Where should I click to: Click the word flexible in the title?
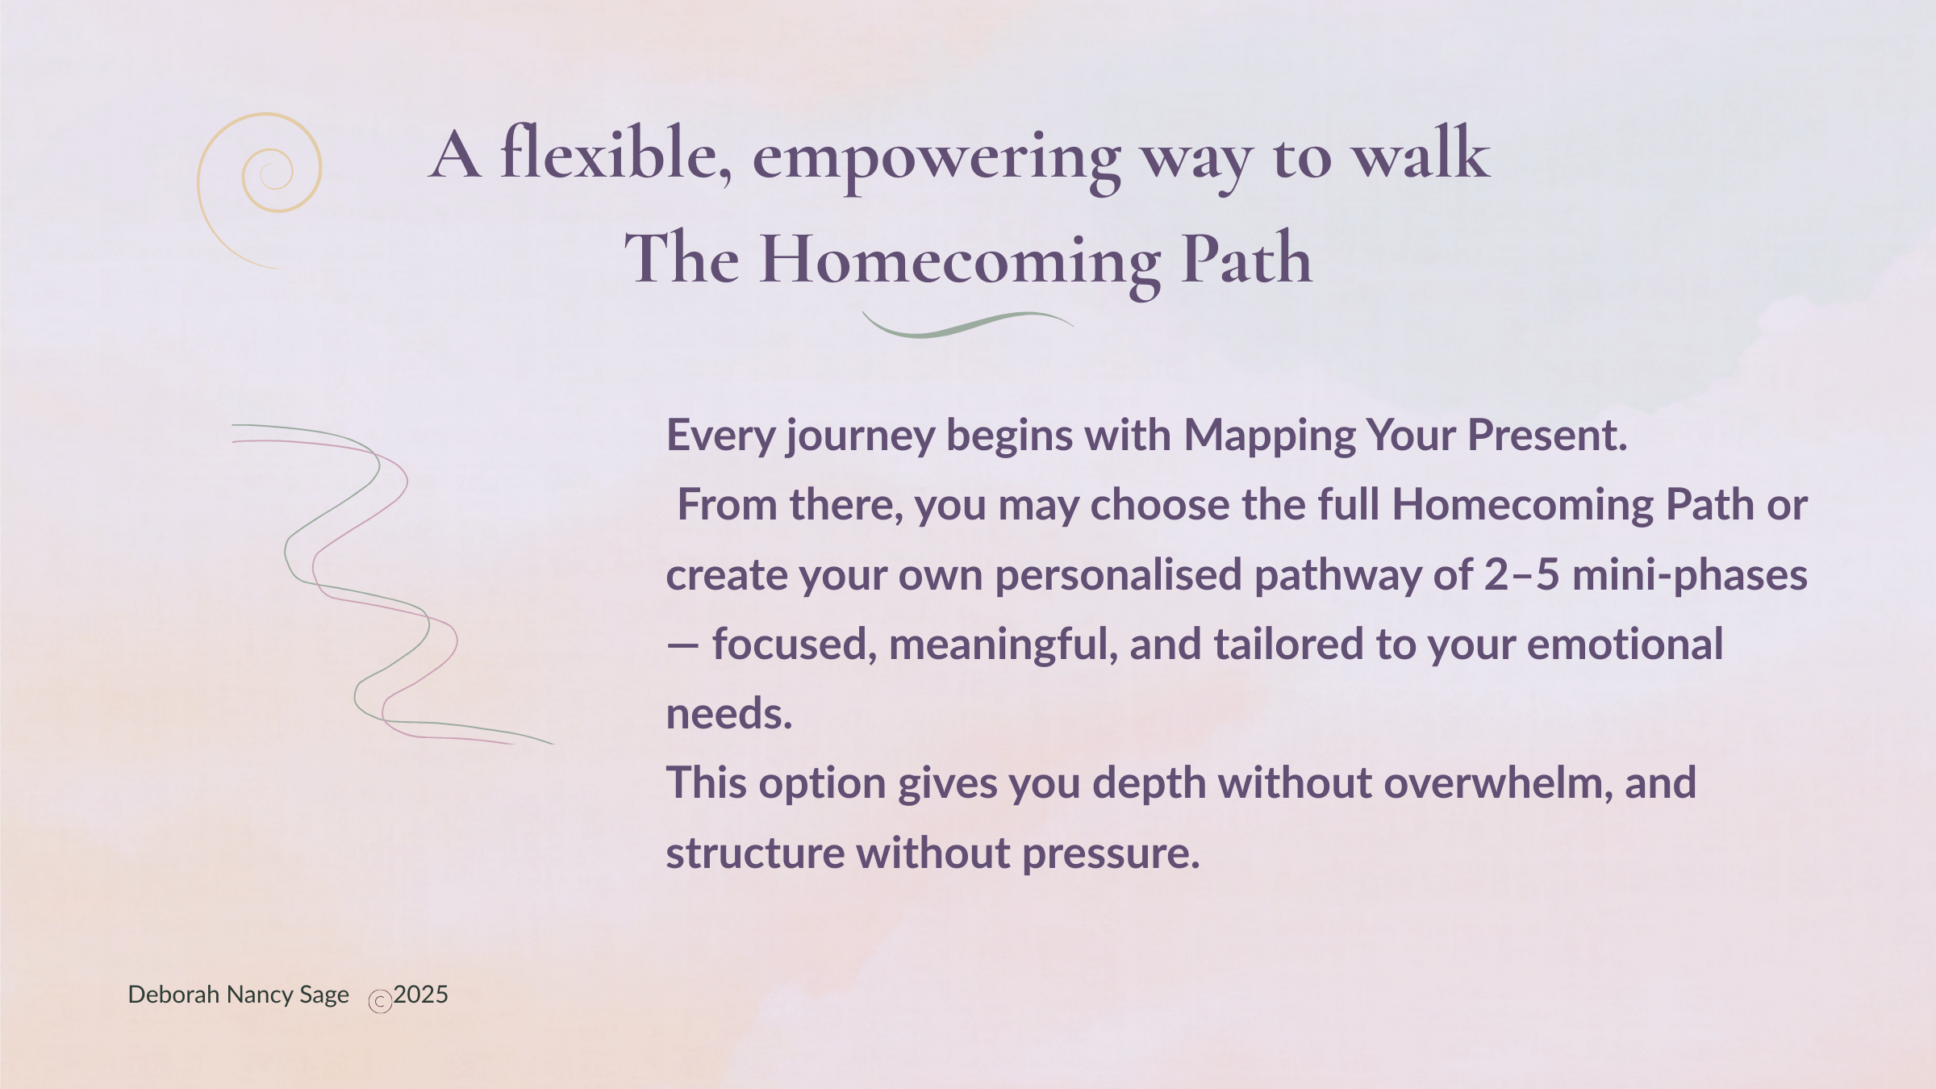pos(616,152)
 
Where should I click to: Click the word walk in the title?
pos(1421,152)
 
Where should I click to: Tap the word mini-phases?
pos(1690,576)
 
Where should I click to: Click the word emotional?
pos(1625,645)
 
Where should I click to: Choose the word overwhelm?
pos(1492,783)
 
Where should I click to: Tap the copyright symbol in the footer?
pos(380,1001)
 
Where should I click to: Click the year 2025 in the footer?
pos(421,995)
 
